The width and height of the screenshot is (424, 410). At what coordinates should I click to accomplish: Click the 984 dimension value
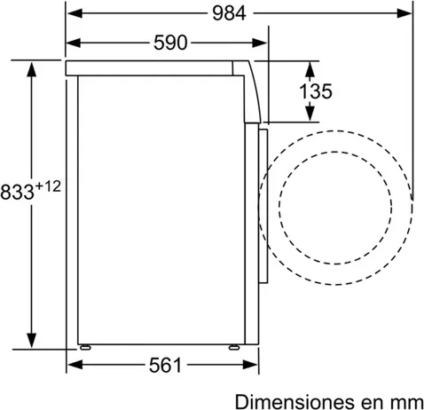[x=229, y=13]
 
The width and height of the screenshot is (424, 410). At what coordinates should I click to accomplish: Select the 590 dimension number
[x=170, y=43]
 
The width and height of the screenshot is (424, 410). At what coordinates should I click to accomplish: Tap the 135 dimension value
[x=316, y=91]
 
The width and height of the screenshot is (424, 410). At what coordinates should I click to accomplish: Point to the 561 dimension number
[x=165, y=365]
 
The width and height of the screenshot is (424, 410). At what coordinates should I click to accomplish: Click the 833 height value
[x=17, y=192]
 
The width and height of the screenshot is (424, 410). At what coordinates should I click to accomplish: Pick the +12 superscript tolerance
[x=48, y=186]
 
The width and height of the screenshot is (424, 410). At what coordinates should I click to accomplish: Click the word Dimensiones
[x=294, y=402]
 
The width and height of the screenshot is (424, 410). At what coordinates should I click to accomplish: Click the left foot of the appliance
[x=85, y=347]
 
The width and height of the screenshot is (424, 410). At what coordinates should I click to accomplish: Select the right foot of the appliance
[x=234, y=347]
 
